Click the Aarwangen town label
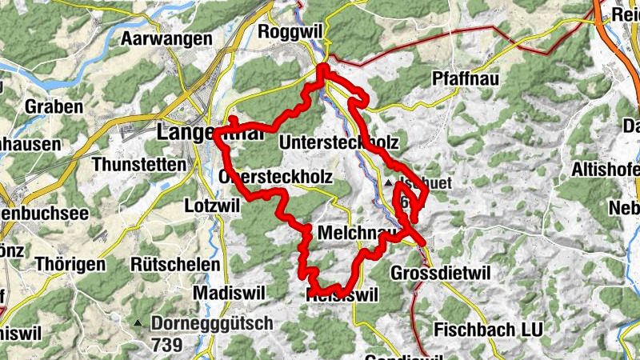coord(166,38)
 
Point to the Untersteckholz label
coord(339,142)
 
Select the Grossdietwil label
coord(438,274)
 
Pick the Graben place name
coord(54,106)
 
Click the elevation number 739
coord(166,345)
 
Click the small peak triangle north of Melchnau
coord(389,184)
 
